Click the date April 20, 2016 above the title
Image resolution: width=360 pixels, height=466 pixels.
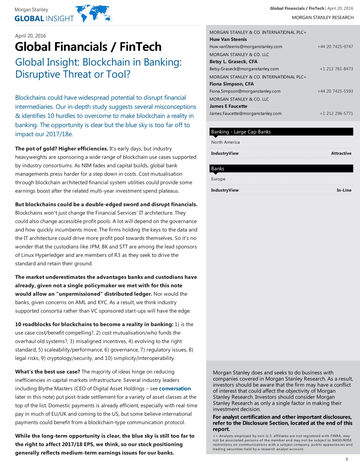click(x=30, y=36)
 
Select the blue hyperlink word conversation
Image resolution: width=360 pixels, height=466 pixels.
click(x=175, y=389)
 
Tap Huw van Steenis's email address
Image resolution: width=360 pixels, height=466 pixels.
click(x=246, y=47)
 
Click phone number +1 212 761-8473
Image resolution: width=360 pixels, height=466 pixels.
click(x=336, y=69)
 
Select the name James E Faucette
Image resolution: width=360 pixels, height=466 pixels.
click(x=228, y=106)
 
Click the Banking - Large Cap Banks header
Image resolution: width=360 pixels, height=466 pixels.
click(x=241, y=132)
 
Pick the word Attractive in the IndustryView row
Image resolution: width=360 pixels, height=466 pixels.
click(x=341, y=153)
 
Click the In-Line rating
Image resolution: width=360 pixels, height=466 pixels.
click(x=344, y=190)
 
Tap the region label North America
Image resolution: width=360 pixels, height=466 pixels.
click(x=225, y=142)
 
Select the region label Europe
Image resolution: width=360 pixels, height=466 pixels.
click(x=218, y=179)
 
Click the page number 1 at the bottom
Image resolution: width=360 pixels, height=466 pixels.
click(x=347, y=460)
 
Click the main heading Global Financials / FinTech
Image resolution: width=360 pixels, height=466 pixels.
click(x=88, y=47)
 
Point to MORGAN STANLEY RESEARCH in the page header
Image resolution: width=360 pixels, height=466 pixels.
click(x=322, y=18)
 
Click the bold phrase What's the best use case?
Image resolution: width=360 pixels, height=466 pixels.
click(x=47, y=372)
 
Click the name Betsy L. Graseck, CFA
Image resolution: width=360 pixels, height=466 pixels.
click(x=233, y=62)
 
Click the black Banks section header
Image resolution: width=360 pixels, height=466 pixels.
click(x=218, y=169)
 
